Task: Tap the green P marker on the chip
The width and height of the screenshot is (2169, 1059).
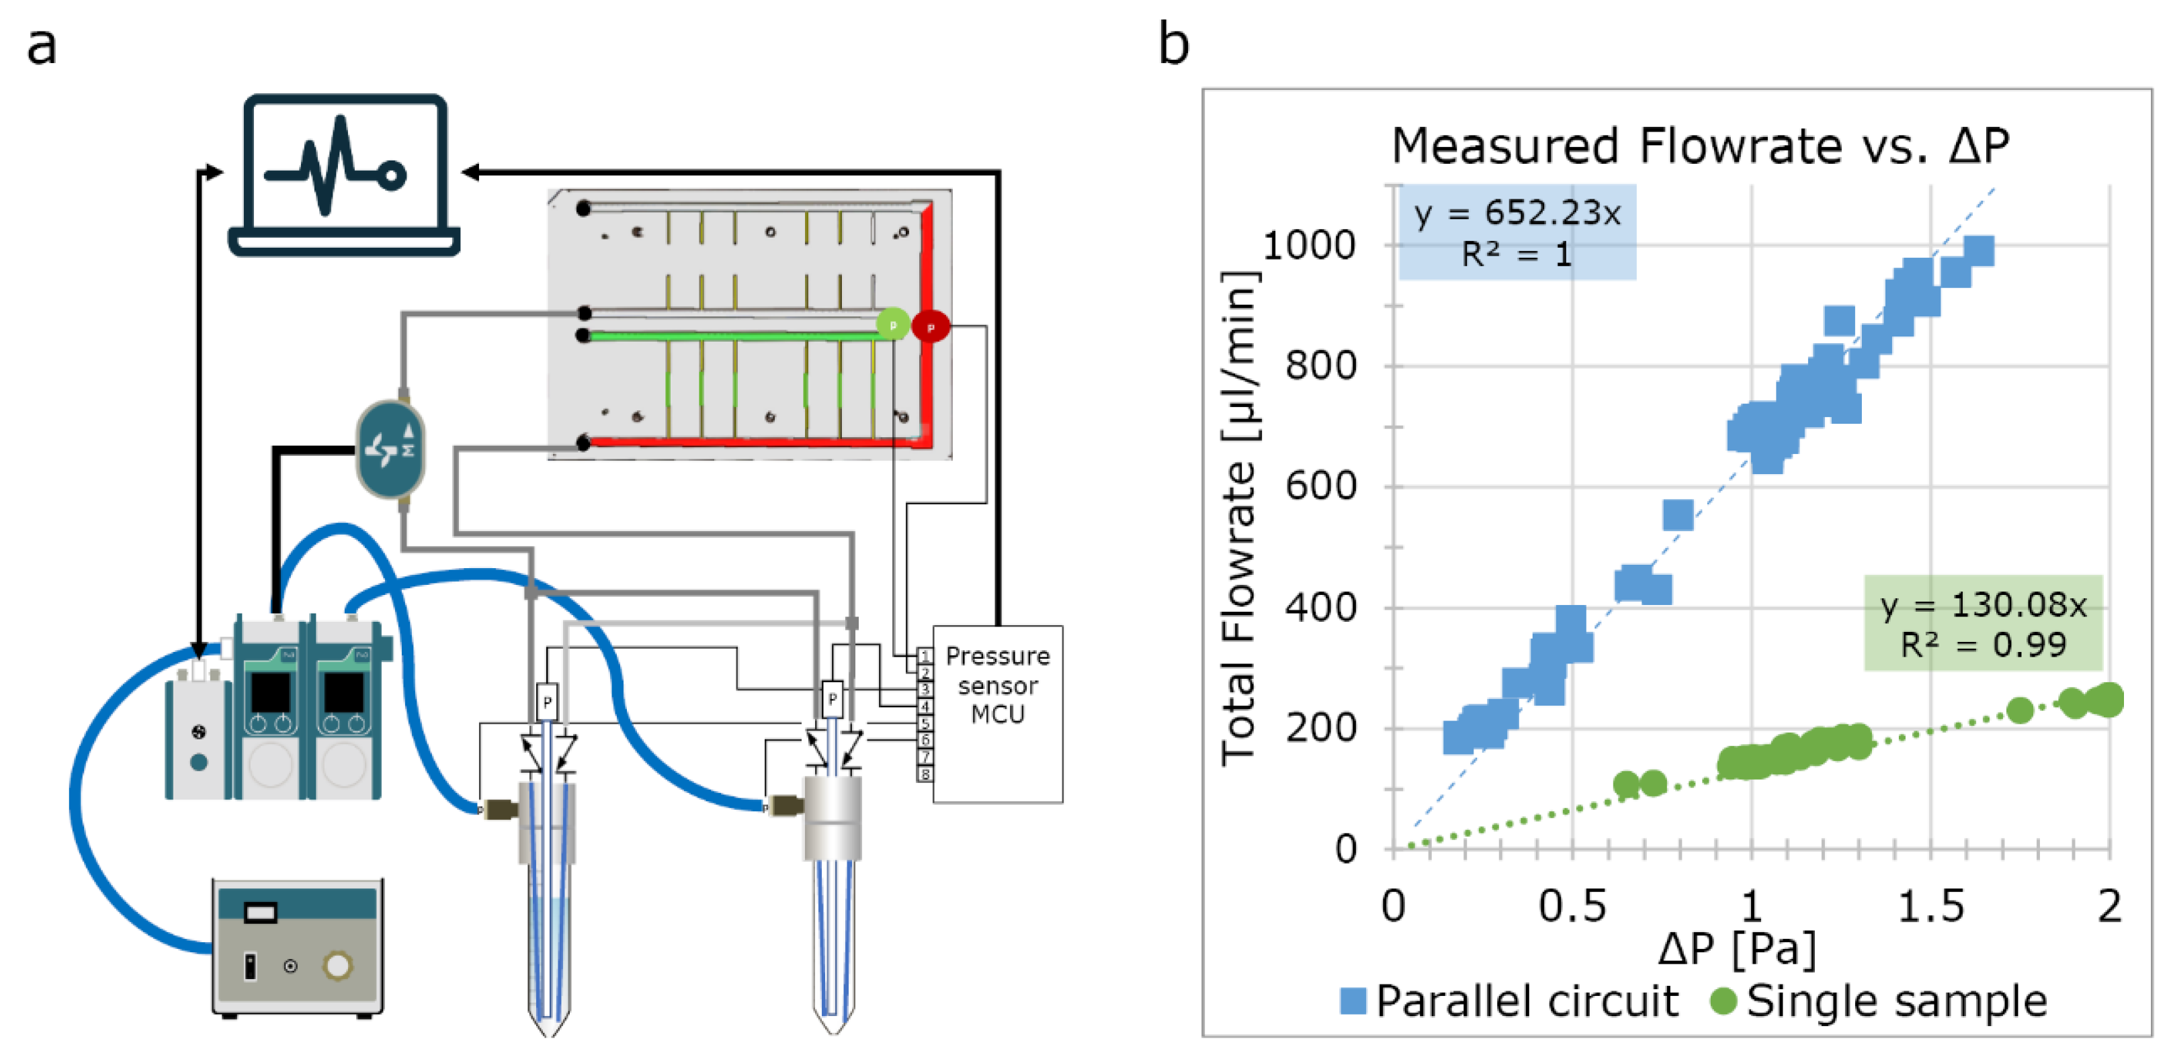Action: [x=892, y=324]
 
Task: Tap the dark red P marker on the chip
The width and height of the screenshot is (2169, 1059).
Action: [x=931, y=326]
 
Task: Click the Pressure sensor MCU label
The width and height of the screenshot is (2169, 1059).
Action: [x=997, y=684]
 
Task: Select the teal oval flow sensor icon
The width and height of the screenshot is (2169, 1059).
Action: [x=390, y=449]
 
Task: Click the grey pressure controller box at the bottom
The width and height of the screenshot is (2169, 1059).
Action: [x=297, y=947]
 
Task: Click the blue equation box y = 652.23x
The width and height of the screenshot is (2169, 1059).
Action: [x=1517, y=232]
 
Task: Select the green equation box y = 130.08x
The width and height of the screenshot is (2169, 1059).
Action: [x=1982, y=624]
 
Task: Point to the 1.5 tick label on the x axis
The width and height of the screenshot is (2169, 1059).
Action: [x=1930, y=907]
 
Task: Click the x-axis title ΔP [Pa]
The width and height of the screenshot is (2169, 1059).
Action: [x=1736, y=949]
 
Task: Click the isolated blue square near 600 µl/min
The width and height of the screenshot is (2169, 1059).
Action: [x=1677, y=515]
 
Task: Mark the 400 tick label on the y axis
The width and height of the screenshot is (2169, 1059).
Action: [x=1320, y=607]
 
